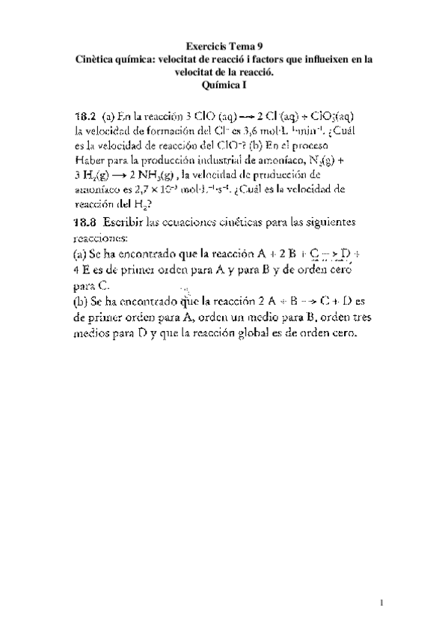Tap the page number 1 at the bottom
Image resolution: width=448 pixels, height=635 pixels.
(381, 603)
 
